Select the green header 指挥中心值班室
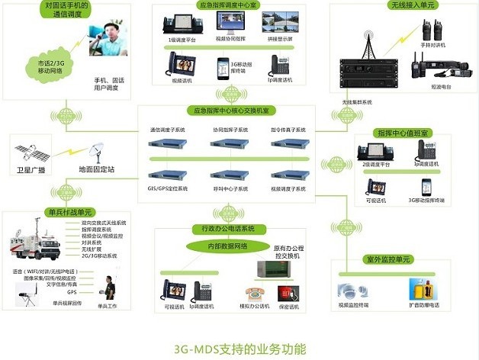401,132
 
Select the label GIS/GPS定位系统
166,187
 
